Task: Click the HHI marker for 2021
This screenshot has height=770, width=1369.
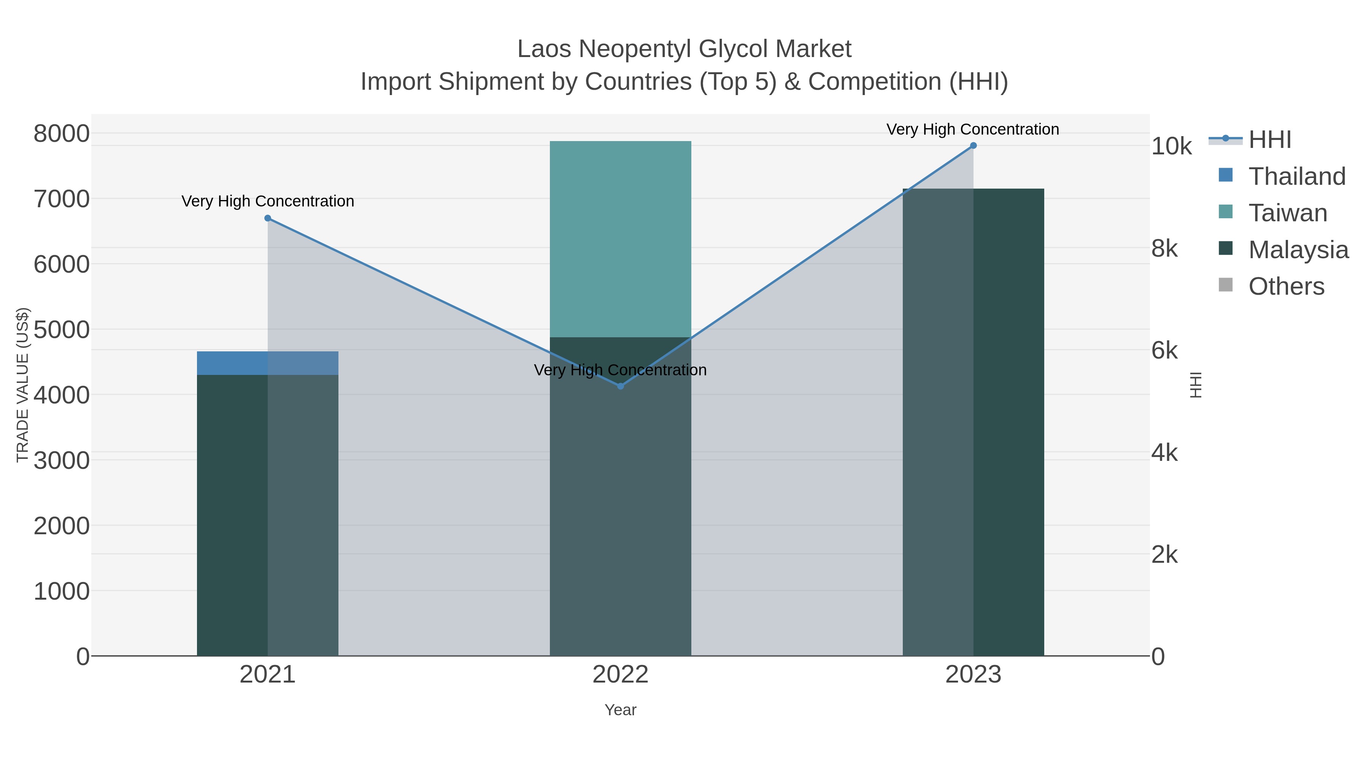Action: coord(268,218)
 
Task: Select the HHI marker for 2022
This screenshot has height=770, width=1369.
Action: coord(620,386)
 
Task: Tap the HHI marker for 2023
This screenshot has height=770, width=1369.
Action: coord(973,146)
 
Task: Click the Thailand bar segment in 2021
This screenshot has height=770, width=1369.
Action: coord(267,363)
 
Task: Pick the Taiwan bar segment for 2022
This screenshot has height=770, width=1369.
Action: coord(620,239)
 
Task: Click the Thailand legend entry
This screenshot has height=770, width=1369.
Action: coord(1297,176)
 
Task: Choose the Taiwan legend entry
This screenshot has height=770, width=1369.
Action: coord(1288,213)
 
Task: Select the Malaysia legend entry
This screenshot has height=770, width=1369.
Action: coord(1298,250)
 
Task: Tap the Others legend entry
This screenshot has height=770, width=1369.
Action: coord(1286,286)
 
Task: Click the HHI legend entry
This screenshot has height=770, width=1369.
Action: coord(1270,140)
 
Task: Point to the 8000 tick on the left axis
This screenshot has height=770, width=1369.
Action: coord(62,133)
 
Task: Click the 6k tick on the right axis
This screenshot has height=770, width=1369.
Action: coord(1164,351)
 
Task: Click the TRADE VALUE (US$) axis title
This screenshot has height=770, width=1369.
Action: coord(22,385)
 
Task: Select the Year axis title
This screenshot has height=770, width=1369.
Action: coord(620,710)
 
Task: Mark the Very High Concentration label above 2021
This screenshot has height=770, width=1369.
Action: coord(268,202)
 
